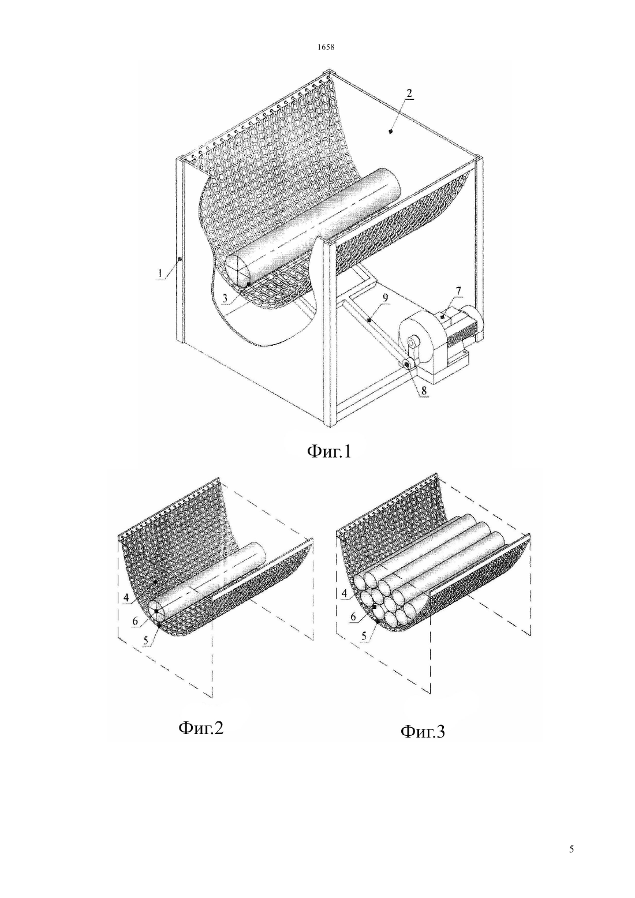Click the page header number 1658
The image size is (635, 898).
tap(326, 47)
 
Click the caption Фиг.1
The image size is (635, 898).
tap(328, 451)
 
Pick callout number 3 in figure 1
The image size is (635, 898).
tap(226, 298)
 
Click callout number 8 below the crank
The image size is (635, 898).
tap(424, 389)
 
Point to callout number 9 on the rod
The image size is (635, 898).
tap(385, 298)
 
